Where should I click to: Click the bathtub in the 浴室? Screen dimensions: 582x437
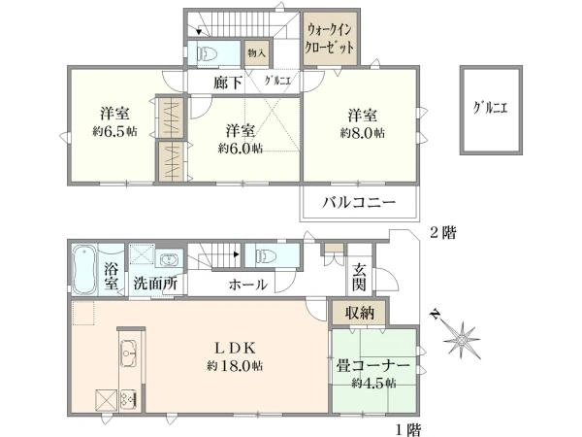click(83, 269)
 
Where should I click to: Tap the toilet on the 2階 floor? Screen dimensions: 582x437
click(207, 53)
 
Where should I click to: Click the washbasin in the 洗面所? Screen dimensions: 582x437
click(170, 258)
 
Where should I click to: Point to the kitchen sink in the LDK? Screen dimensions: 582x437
click(128, 353)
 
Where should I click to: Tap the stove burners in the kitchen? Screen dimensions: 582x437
click(128, 399)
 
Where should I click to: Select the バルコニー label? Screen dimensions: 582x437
click(359, 203)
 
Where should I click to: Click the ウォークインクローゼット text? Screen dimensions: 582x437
click(329, 39)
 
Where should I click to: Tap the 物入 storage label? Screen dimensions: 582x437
click(256, 53)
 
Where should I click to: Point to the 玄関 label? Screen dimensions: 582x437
click(359, 277)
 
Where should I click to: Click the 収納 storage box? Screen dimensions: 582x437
click(359, 314)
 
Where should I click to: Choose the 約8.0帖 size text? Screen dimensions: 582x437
click(362, 133)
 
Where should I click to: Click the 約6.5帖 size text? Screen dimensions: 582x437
click(114, 131)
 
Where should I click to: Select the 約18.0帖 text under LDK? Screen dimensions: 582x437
click(235, 366)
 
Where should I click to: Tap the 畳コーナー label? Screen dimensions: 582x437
click(372, 366)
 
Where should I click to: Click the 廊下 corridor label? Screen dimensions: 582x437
click(228, 83)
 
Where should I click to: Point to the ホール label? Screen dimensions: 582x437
click(247, 285)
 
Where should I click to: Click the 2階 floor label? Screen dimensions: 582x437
click(443, 233)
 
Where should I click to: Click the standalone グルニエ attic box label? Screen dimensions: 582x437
click(490, 108)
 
